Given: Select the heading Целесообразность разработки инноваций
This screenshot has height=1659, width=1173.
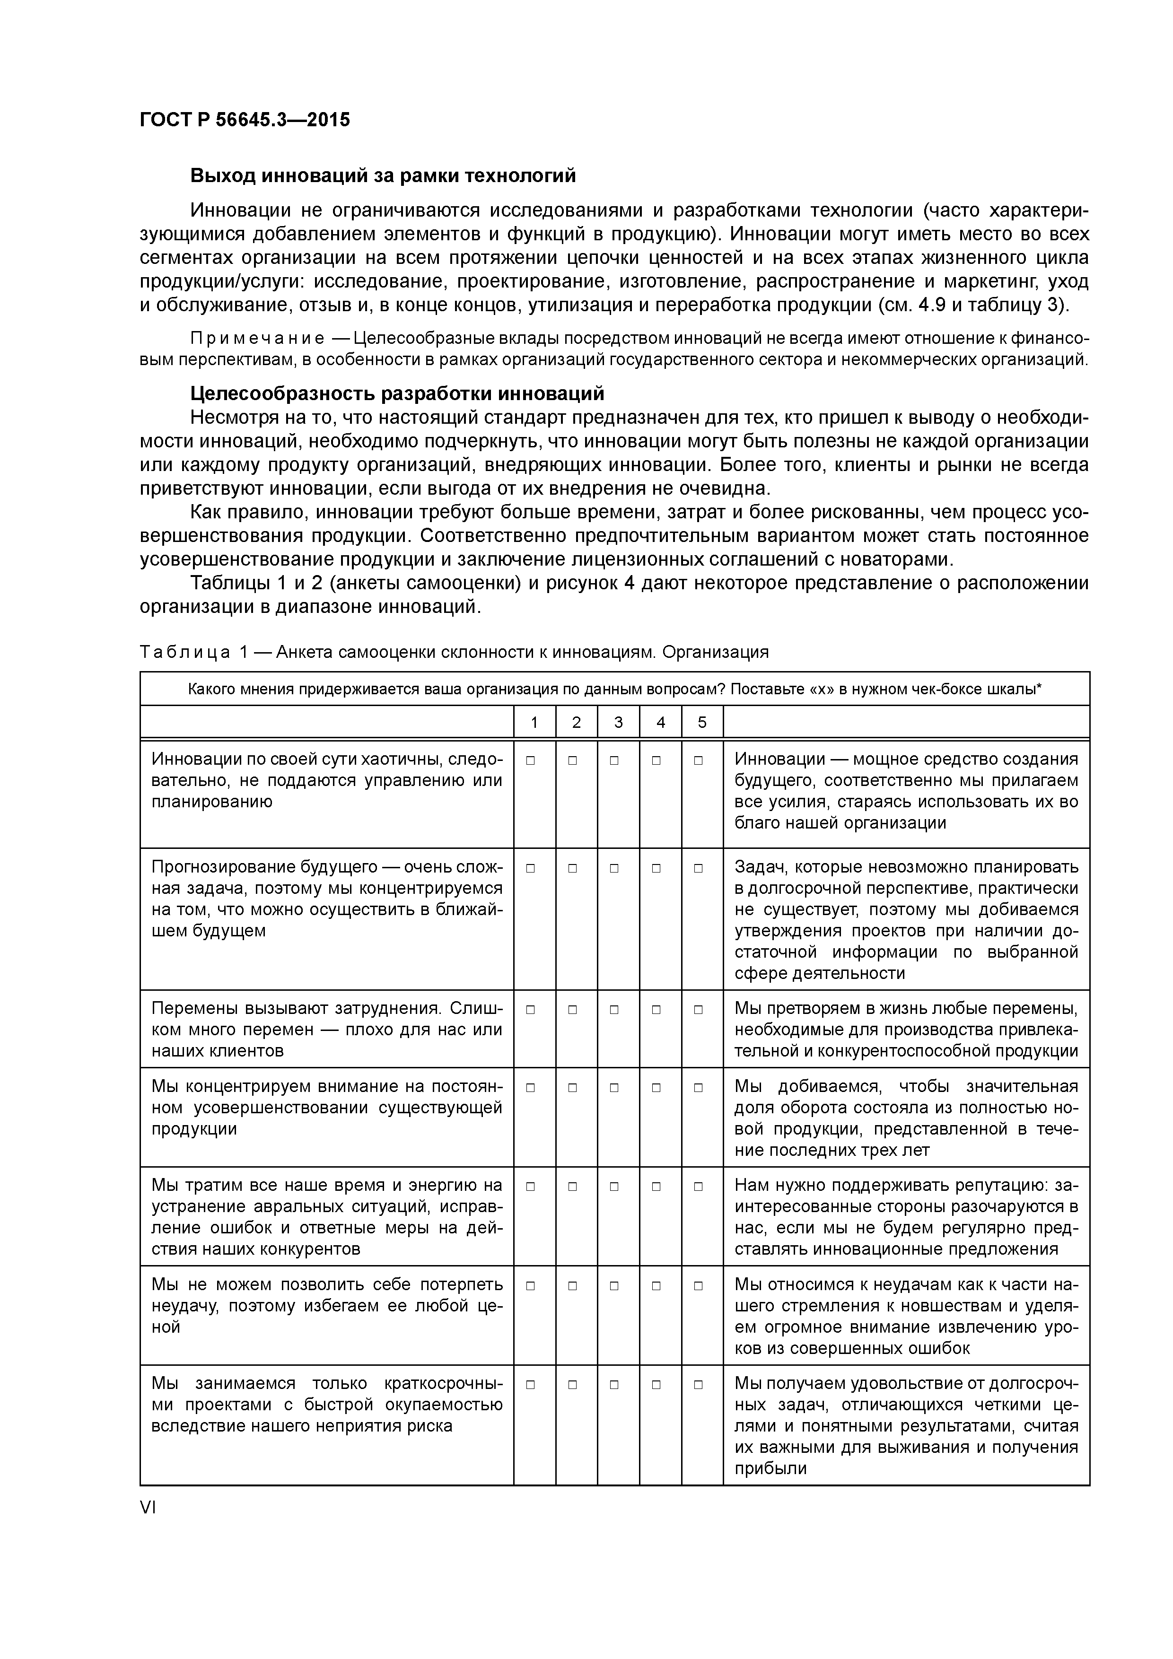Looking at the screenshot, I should click(x=397, y=394).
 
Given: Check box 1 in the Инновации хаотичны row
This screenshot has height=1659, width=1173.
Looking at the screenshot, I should click(x=531, y=760).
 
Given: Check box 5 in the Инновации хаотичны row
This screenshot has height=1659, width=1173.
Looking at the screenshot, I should click(x=698, y=760).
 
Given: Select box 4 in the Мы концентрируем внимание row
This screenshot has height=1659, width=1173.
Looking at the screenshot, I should click(x=656, y=1087).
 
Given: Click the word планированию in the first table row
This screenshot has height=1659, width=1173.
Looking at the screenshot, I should click(x=212, y=801).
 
